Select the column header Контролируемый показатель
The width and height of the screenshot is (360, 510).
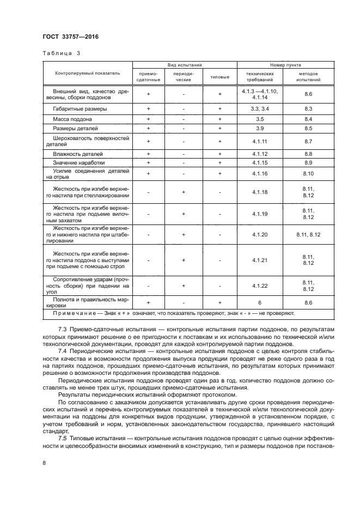[87, 73]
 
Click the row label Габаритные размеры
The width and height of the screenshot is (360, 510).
[80, 109]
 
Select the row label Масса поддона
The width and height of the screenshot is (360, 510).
[72, 119]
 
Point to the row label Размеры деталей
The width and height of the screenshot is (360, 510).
[75, 129]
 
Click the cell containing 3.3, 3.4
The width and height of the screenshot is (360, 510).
[259, 109]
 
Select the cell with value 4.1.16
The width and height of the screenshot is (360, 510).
[259, 173]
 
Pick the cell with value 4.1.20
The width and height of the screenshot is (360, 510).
[259, 234]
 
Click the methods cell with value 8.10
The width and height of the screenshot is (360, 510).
[308, 173]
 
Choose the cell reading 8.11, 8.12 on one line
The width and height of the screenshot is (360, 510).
[308, 234]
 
